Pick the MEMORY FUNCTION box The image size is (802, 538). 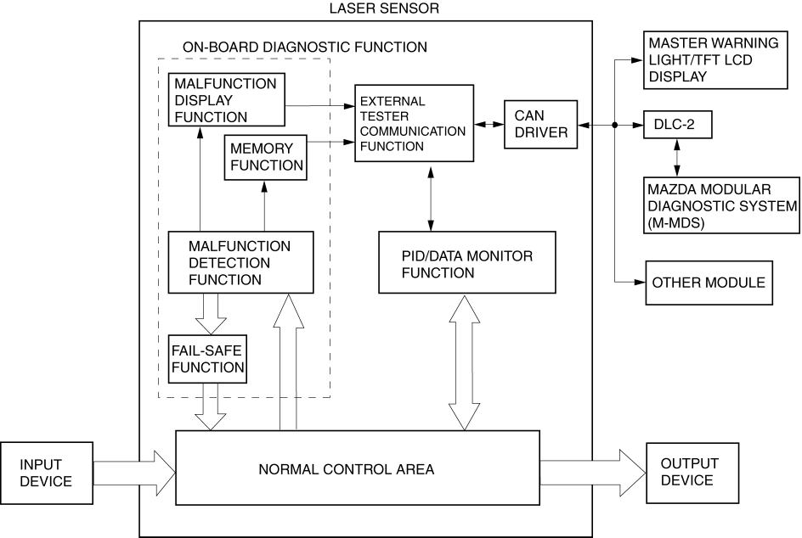(266, 156)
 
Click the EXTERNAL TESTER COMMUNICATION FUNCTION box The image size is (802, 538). (413, 123)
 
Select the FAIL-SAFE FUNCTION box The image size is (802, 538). (207, 357)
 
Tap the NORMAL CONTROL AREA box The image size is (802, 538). (357, 468)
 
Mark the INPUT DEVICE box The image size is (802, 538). (46, 473)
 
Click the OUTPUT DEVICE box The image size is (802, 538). (689, 472)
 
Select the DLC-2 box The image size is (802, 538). (676, 124)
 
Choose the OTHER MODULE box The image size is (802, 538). (709, 283)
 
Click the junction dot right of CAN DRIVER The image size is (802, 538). (613, 124)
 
